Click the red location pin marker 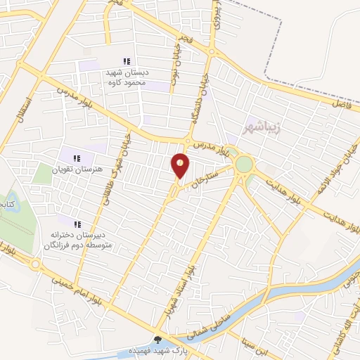point(181,165)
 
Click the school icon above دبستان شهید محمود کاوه point(127,63)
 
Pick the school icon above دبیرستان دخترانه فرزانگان point(77,224)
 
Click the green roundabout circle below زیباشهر point(244,164)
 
